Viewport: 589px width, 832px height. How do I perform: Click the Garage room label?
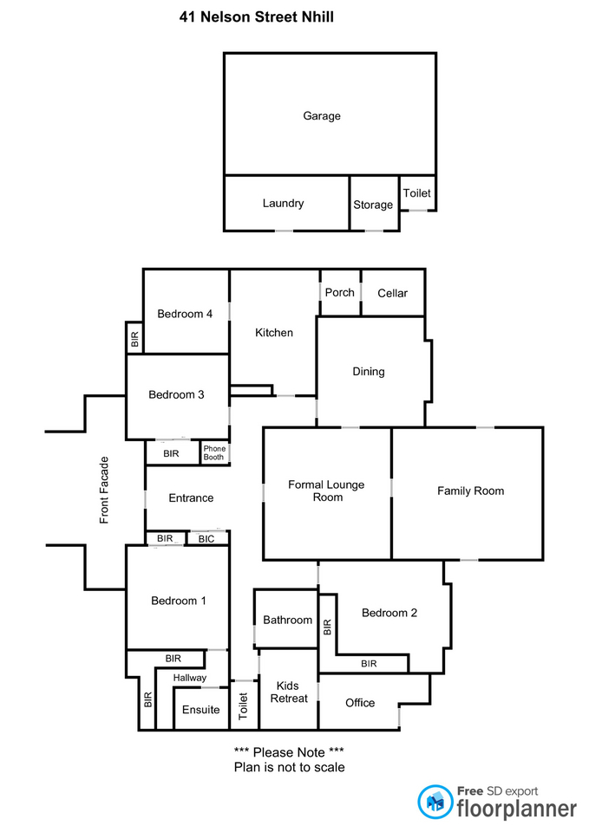[321, 116]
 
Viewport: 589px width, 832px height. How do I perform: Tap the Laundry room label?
[283, 204]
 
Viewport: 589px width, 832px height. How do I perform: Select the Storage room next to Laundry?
[373, 205]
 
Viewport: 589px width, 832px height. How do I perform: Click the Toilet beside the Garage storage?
[416, 193]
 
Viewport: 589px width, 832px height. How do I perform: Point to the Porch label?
[339, 293]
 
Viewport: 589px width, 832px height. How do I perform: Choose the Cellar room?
[392, 294]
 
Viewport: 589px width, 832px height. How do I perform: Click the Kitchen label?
[273, 333]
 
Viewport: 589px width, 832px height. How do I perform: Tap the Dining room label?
[368, 372]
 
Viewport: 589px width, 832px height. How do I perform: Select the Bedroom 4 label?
[185, 315]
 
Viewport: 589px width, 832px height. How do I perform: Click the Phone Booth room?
[214, 453]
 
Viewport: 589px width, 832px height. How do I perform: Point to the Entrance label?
[191, 498]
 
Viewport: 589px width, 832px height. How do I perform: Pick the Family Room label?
[470, 491]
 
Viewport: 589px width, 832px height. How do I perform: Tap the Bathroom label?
[287, 621]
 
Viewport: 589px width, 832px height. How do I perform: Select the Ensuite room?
[200, 710]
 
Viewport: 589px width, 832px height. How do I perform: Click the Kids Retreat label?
[289, 692]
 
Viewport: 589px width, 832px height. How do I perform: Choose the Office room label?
[360, 703]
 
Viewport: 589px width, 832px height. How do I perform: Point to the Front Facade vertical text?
[105, 490]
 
